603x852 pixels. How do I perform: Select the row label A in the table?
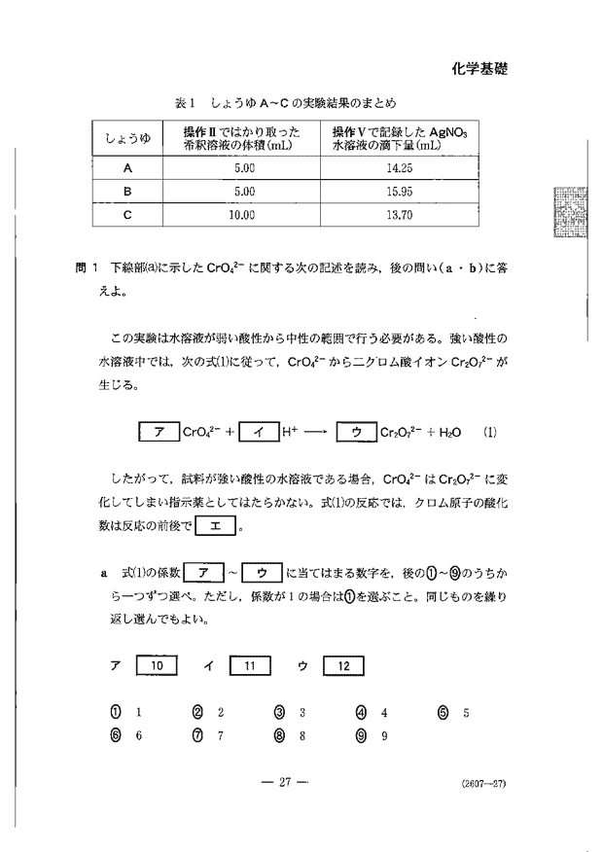(127, 167)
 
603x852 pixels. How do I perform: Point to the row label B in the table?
(127, 192)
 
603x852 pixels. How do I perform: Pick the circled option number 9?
(361, 735)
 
